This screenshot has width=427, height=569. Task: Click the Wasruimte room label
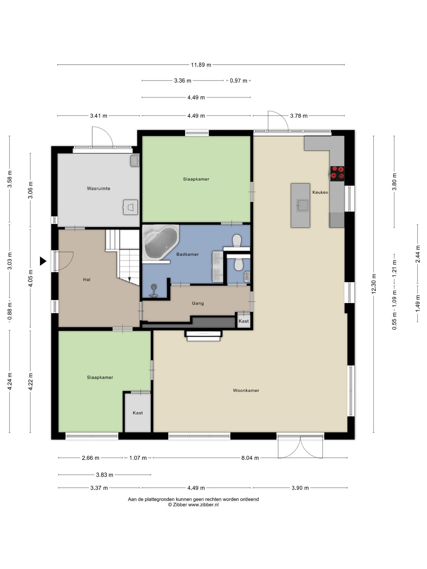pyautogui.click(x=98, y=188)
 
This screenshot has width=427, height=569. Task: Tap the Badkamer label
pyautogui.click(x=187, y=254)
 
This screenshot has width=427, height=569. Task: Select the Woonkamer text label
pyautogui.click(x=246, y=391)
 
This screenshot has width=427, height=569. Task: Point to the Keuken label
pyautogui.click(x=320, y=192)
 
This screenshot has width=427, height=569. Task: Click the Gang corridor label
pyautogui.click(x=198, y=303)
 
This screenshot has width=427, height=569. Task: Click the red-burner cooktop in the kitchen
pyautogui.click(x=337, y=173)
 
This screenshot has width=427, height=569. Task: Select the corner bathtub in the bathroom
pyautogui.click(x=160, y=242)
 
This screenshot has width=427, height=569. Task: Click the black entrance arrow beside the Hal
pyautogui.click(x=43, y=261)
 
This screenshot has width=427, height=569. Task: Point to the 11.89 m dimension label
pyautogui.click(x=201, y=65)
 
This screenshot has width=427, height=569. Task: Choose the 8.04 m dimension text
pyautogui.click(x=250, y=458)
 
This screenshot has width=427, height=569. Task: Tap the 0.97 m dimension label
pyautogui.click(x=238, y=81)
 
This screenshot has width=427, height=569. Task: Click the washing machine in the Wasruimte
pyautogui.click(x=130, y=207)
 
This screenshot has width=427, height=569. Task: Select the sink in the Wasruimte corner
pyautogui.click(x=135, y=161)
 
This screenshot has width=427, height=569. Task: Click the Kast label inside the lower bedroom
pyautogui.click(x=138, y=413)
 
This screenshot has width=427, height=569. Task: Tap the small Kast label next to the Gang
pyautogui.click(x=244, y=321)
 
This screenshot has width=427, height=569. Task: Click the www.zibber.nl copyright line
pyautogui.click(x=193, y=505)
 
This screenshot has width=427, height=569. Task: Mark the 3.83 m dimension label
pyautogui.click(x=104, y=475)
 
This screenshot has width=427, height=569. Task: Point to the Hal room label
pyautogui.click(x=87, y=279)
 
